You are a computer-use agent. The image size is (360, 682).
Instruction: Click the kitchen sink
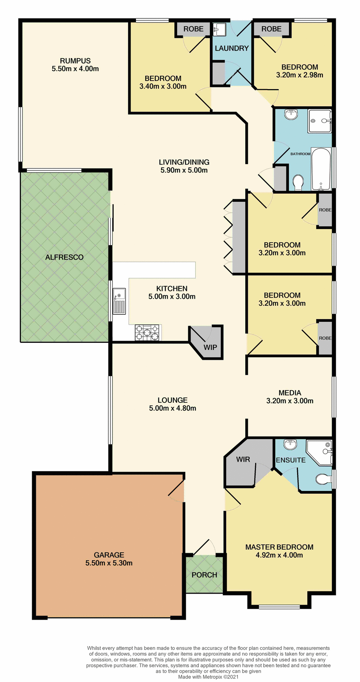(119, 301)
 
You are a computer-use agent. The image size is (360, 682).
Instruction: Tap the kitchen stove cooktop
(148, 332)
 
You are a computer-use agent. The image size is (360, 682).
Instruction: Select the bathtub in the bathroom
(321, 169)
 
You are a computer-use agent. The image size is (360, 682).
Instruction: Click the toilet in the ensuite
(323, 480)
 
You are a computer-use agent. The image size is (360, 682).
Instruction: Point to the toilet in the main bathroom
(298, 182)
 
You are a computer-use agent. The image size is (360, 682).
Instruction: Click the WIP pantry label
(210, 347)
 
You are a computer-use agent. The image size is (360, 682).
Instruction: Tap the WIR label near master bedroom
(243, 459)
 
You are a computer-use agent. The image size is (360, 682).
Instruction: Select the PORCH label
(204, 575)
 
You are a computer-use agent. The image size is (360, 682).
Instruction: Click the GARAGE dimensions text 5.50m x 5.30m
(109, 563)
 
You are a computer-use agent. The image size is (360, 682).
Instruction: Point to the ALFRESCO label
(64, 257)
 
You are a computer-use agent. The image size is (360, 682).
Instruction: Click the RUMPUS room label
(75, 61)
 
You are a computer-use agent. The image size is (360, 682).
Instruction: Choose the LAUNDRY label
(231, 48)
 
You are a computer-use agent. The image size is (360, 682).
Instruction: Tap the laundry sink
(219, 29)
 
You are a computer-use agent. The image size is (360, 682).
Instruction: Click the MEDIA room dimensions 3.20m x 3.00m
(290, 401)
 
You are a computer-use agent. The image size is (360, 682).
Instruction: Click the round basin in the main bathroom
(291, 114)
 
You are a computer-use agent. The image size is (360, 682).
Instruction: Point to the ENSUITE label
(291, 460)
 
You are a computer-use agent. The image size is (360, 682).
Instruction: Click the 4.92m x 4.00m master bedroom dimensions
(279, 555)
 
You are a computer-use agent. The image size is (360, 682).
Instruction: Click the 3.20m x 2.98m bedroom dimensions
(300, 75)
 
